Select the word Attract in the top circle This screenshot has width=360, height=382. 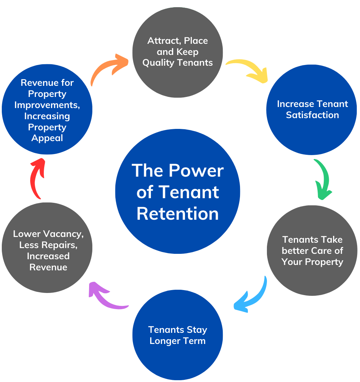[161, 41]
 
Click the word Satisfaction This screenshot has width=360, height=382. [312, 115]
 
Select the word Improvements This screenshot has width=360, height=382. [47, 105]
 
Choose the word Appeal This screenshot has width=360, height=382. [47, 138]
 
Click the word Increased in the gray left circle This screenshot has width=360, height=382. [48, 256]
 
